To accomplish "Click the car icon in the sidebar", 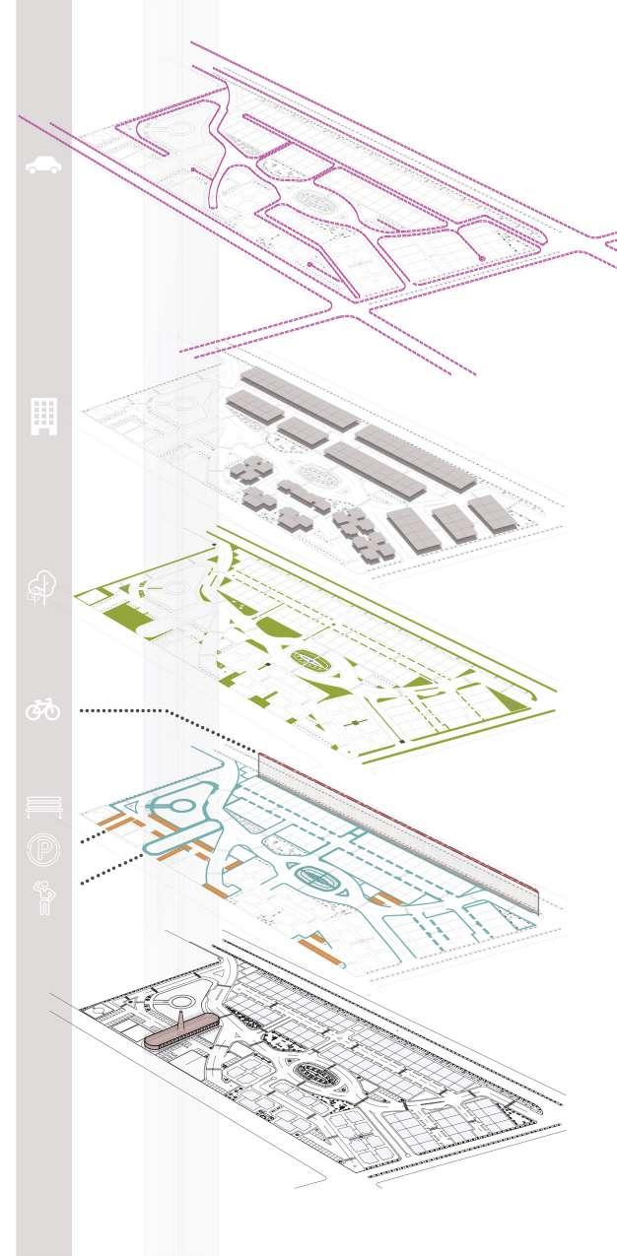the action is pyautogui.click(x=43, y=165).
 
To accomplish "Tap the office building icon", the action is pyautogui.click(x=43, y=417).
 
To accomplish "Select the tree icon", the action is pyautogui.click(x=41, y=587).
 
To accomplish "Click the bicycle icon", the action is pyautogui.click(x=43, y=708).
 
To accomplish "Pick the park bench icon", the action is pyautogui.click(x=43, y=807).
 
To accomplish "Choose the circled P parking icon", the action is pyautogui.click(x=43, y=848).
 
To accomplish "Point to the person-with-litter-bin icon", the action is pyautogui.click(x=43, y=897).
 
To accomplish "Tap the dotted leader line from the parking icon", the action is pyautogui.click(x=94, y=836).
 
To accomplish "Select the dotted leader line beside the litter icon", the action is pyautogui.click(x=108, y=870).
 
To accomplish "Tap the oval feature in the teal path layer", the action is pyautogui.click(x=315, y=875).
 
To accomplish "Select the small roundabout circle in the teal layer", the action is pyautogui.click(x=183, y=806).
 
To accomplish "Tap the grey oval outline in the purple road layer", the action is pyautogui.click(x=315, y=200).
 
